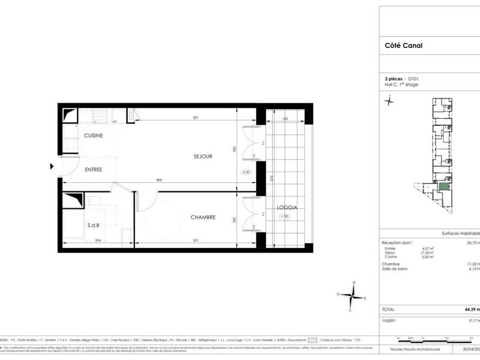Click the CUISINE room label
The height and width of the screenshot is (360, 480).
pos(93,136)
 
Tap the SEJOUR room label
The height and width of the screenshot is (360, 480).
pos(203,157)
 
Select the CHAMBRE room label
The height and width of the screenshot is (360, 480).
pos(203,217)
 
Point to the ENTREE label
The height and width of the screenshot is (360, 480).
pos(93,170)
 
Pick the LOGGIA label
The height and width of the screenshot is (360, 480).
pos(286,208)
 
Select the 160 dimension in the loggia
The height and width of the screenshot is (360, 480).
pos(285,119)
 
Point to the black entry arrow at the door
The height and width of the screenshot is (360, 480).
pos(52,167)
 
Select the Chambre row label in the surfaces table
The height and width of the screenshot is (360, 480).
pos(391,264)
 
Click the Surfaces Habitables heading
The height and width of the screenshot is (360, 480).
pos(459,234)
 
